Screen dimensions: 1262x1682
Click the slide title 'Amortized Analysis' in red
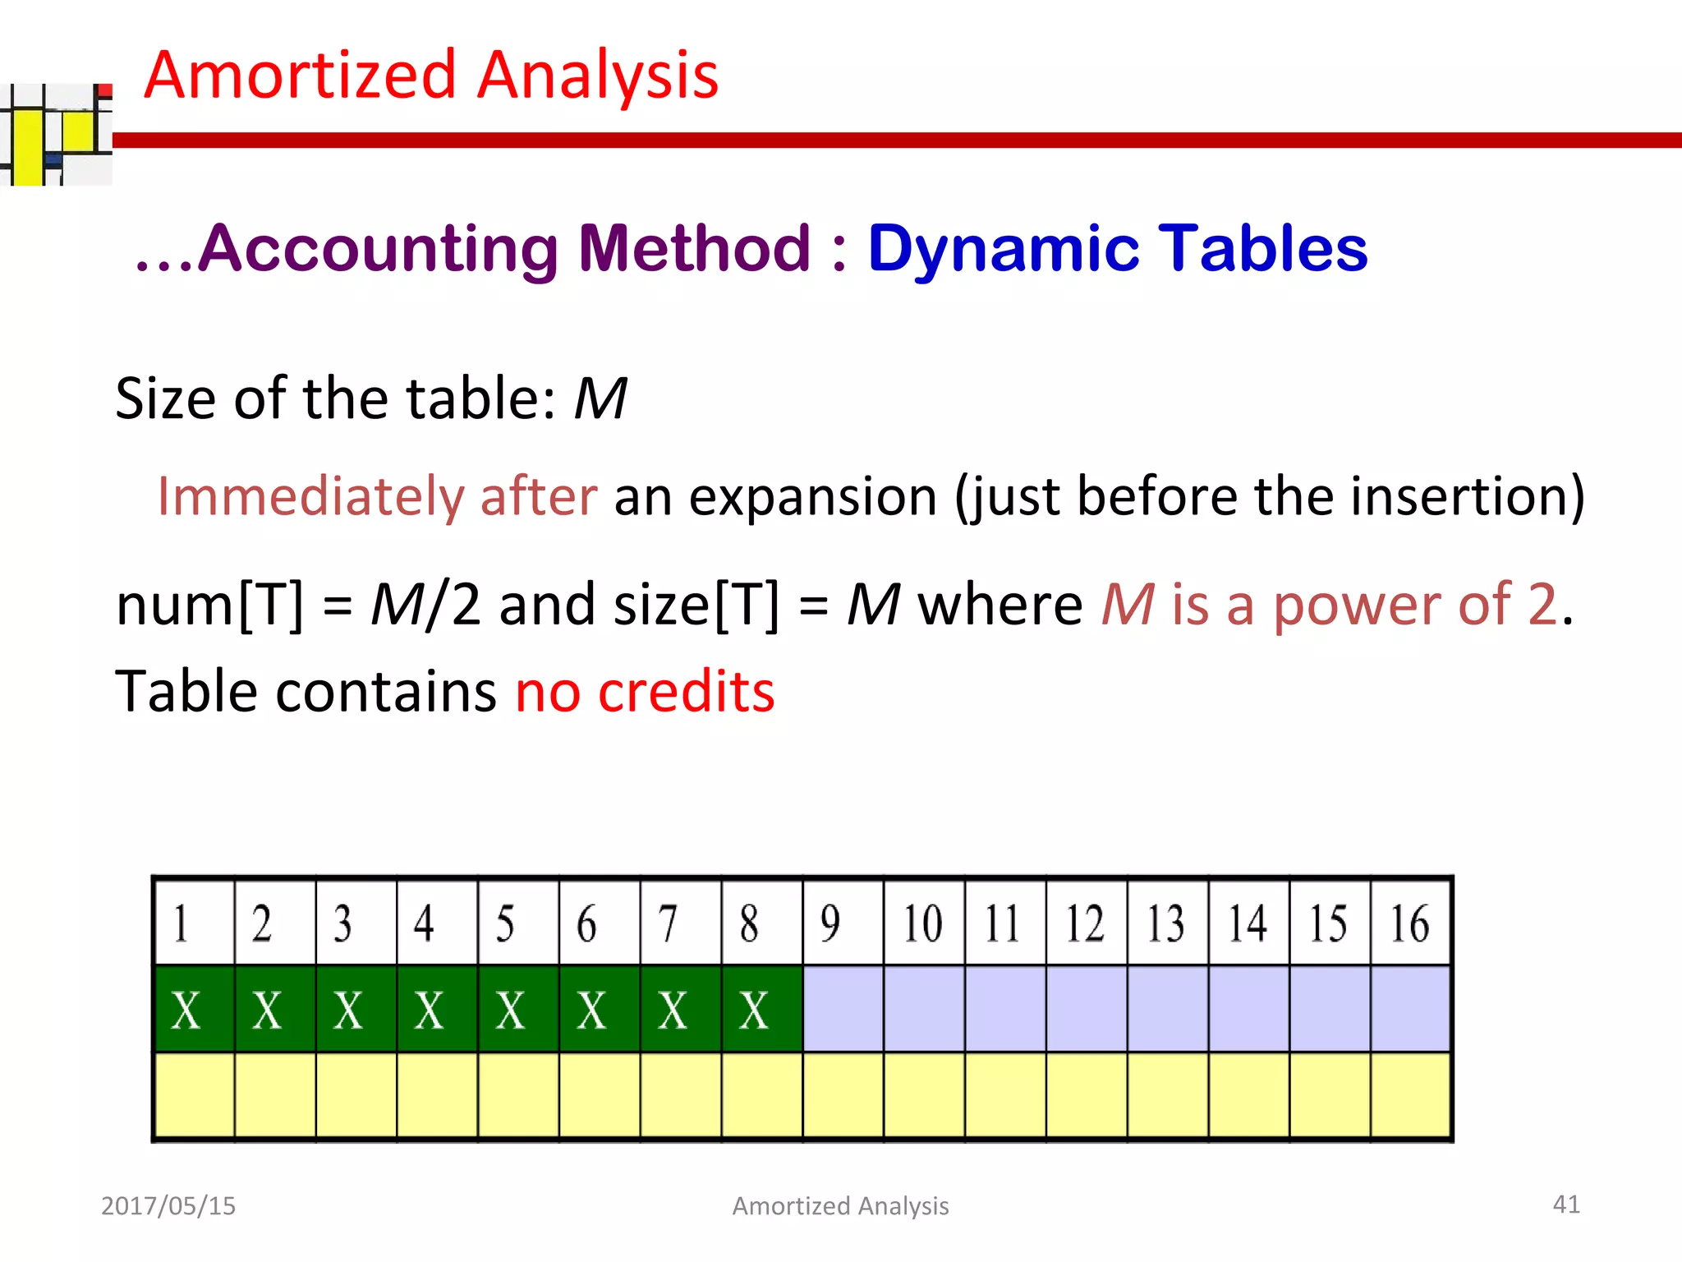pyautogui.click(x=431, y=75)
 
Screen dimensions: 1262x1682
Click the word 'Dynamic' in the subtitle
pyautogui.click(x=1003, y=248)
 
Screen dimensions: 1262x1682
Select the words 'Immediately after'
pyautogui.click(x=377, y=496)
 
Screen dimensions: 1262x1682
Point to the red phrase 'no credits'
pyautogui.click(x=645, y=691)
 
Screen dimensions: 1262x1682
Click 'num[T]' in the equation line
pyautogui.click(x=209, y=605)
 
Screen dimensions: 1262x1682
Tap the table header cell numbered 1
pyautogui.click(x=194, y=923)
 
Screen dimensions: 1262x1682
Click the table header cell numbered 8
pyautogui.click(x=761, y=923)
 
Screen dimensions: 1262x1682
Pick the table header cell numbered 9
pyautogui.click(x=843, y=923)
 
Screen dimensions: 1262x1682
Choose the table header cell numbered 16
pyautogui.click(x=1410, y=923)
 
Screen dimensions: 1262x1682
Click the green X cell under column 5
pyautogui.click(x=518, y=1010)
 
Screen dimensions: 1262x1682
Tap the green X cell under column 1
pyautogui.click(x=194, y=1010)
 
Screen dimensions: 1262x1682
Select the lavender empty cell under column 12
pyautogui.click(x=1086, y=1010)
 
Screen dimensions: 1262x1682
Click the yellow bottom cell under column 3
pyautogui.click(x=356, y=1096)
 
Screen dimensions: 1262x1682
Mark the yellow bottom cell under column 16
pyautogui.click(x=1410, y=1096)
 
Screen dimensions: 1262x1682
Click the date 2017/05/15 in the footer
pyautogui.click(x=168, y=1205)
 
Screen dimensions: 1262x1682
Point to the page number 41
pyautogui.click(x=1565, y=1204)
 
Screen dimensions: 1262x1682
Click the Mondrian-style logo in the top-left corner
pyautogui.click(x=56, y=134)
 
